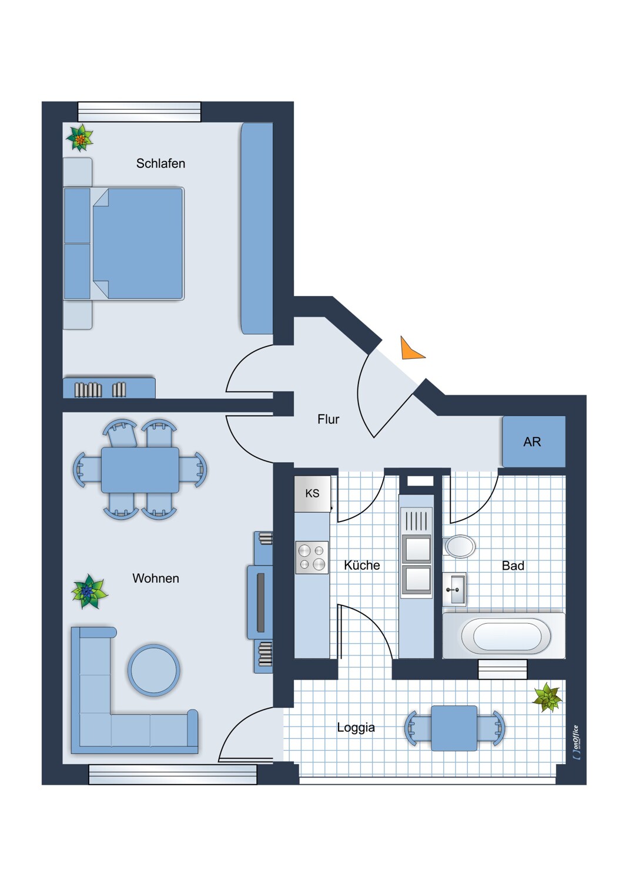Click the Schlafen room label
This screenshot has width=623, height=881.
(160, 163)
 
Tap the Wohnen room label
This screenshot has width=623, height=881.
(155, 578)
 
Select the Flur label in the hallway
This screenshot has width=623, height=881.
(328, 419)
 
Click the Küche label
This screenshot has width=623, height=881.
(361, 565)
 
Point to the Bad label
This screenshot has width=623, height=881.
(513, 566)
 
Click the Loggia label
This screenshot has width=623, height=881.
(356, 727)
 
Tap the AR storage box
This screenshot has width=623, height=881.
(533, 442)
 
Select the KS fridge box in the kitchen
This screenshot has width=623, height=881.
(312, 493)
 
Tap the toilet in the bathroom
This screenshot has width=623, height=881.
(460, 546)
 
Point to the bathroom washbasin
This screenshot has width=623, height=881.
(454, 589)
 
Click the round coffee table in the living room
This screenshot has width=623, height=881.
(154, 670)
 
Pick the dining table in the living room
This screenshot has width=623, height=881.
(140, 470)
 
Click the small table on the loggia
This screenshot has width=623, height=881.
(454, 728)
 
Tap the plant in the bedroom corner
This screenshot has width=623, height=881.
(79, 139)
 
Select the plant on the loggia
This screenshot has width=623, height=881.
(547, 697)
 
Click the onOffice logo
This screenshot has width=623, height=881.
(576, 744)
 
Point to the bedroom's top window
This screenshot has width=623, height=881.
(139, 112)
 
